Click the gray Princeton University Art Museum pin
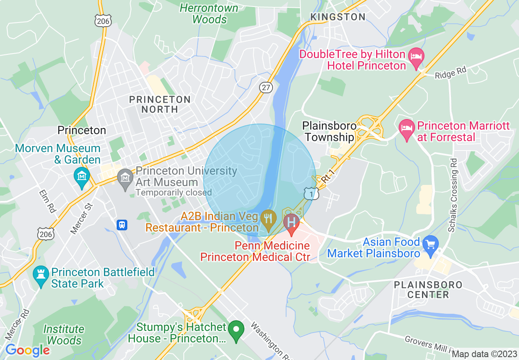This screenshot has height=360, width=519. click(125, 177)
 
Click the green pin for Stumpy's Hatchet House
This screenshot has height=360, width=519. click(236, 330)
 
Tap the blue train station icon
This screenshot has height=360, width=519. click(122, 225)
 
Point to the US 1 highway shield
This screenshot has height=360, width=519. click(311, 194)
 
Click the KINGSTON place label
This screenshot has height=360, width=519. click(338, 17)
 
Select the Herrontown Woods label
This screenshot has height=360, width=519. click(209, 13)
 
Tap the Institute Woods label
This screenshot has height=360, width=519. click(64, 335)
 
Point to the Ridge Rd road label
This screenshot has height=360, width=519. click(451, 73)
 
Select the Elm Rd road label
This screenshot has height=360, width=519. click(47, 200)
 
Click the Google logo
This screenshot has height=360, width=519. click(27, 350)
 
